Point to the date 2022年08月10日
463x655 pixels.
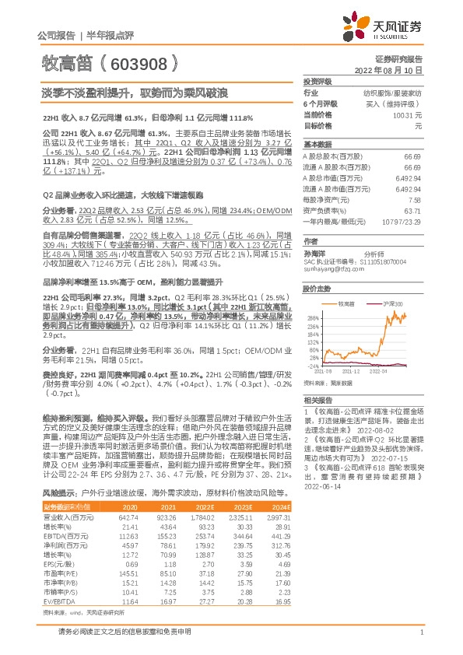[x=394, y=69]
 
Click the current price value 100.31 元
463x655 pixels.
[x=405, y=114]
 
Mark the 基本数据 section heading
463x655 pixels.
[x=317, y=145]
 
